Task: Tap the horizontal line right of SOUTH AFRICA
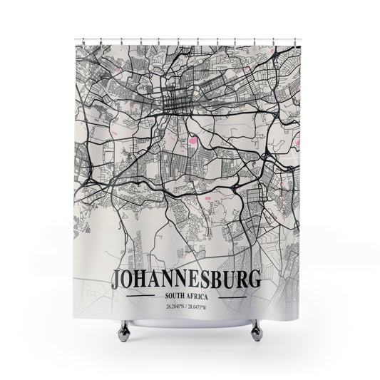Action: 235,295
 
